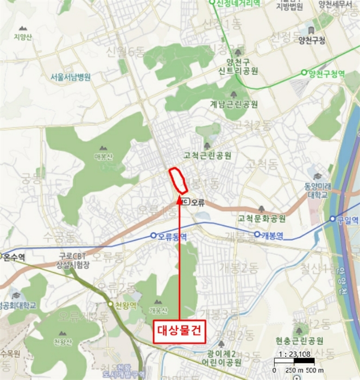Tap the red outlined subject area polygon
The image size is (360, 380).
(x=179, y=180)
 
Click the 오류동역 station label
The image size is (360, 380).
(x=172, y=236)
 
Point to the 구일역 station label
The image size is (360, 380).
(x=348, y=219)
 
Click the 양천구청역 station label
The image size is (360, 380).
(x=326, y=73)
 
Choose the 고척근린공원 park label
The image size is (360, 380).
(x=207, y=156)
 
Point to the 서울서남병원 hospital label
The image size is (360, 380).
(x=70, y=77)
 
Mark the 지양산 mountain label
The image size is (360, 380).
(x=23, y=37)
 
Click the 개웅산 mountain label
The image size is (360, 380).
(x=157, y=311)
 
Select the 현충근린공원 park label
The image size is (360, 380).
(x=299, y=341)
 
